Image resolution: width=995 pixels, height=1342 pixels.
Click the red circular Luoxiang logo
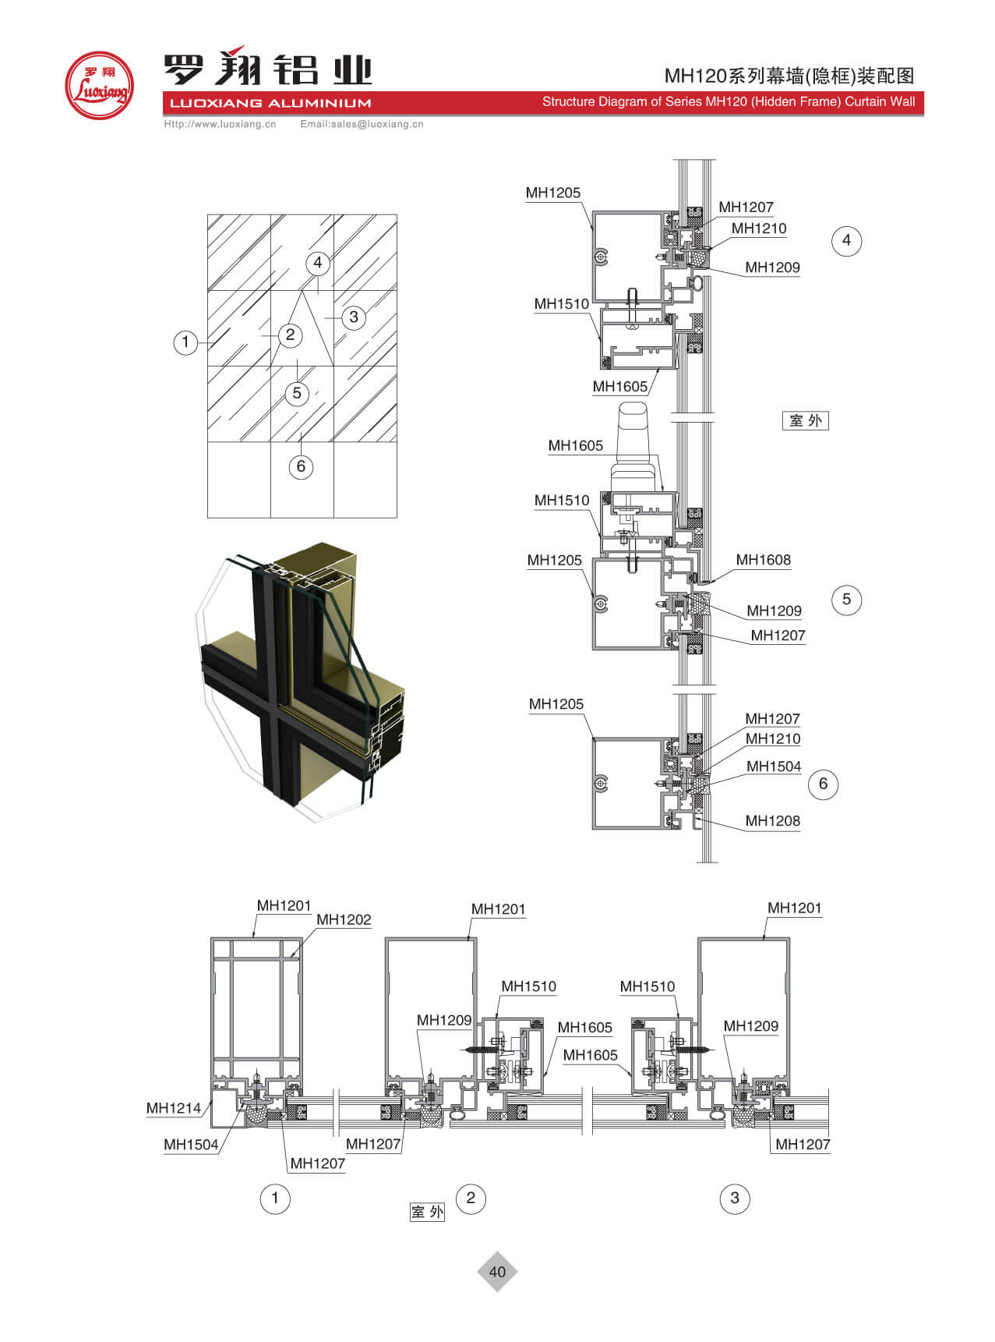point(99,85)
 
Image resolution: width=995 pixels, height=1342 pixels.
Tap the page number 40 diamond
point(497,1272)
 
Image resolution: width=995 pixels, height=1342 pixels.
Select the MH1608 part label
point(763,560)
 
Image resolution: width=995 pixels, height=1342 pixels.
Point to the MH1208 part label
point(772,820)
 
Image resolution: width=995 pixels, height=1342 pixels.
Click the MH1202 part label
point(344,920)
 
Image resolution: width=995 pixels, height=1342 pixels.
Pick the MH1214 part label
point(174,1108)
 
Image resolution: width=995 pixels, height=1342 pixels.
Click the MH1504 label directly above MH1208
point(774,767)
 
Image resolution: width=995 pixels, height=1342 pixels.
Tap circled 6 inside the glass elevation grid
point(301,467)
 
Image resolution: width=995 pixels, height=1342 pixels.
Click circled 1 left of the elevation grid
point(185,342)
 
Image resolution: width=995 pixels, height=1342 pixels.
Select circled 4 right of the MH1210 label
point(847,240)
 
